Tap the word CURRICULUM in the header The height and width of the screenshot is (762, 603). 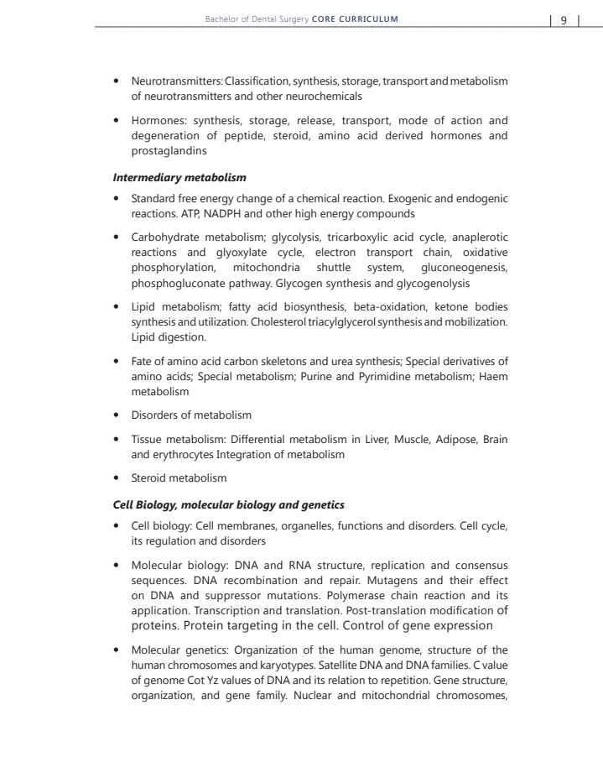tap(367, 18)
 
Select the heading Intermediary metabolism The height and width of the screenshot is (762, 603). tap(179, 177)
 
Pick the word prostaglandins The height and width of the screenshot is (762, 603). tap(168, 151)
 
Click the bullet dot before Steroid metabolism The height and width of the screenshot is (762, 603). tap(118, 478)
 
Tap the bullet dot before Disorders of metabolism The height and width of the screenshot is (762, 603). tap(118, 415)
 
